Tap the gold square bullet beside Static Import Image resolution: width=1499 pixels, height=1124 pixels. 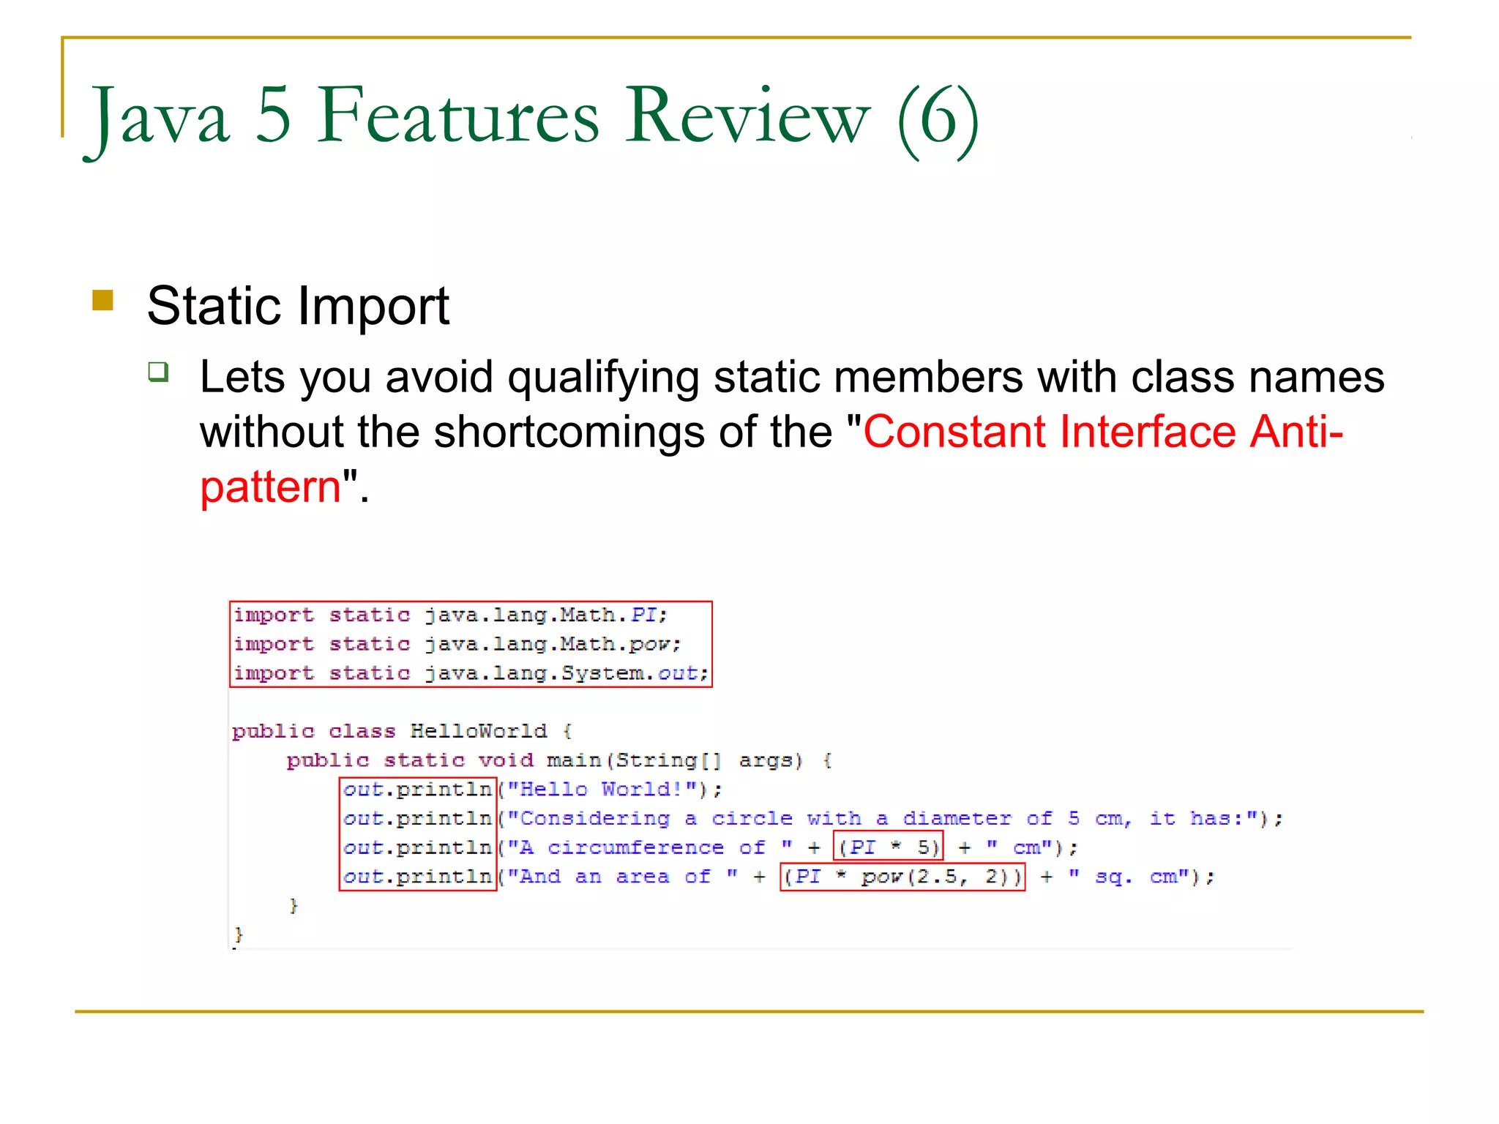103,301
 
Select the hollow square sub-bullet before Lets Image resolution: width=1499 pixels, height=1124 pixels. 158,372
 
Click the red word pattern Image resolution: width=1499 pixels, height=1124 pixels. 271,487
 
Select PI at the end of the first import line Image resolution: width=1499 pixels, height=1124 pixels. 644,615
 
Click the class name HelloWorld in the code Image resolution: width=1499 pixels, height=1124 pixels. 478,731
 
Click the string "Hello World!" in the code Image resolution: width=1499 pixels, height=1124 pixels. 606,790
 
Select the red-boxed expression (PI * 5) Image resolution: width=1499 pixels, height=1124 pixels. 888,847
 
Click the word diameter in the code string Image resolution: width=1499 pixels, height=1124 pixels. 956,818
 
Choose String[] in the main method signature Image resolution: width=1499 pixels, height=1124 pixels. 667,760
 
